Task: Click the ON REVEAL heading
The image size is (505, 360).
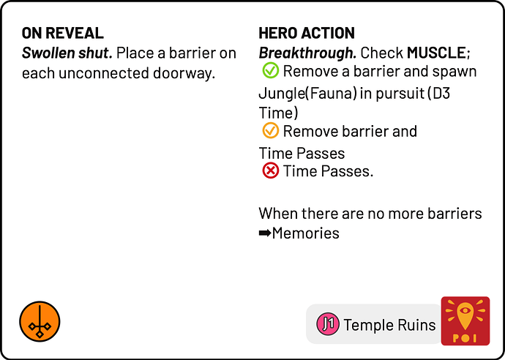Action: [62, 33]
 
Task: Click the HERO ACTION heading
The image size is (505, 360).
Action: [306, 33]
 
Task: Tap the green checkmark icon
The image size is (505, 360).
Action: [270, 70]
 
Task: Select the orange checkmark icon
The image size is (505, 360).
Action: [270, 131]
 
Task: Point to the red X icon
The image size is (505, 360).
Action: [270, 170]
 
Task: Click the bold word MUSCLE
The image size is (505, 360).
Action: [436, 53]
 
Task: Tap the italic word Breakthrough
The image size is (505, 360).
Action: [307, 53]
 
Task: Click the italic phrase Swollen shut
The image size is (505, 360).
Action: [67, 53]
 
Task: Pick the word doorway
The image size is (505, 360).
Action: [184, 73]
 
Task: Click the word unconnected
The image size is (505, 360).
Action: [104, 73]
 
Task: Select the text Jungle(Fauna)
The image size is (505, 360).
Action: [307, 94]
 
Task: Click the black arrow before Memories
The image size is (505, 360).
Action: [265, 233]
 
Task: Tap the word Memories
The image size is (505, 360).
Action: [305, 233]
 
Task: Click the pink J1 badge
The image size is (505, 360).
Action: [328, 324]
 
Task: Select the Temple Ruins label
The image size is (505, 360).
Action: [389, 325]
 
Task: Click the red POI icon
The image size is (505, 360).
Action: [465, 320]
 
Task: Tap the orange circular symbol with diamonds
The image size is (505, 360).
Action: [40, 321]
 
